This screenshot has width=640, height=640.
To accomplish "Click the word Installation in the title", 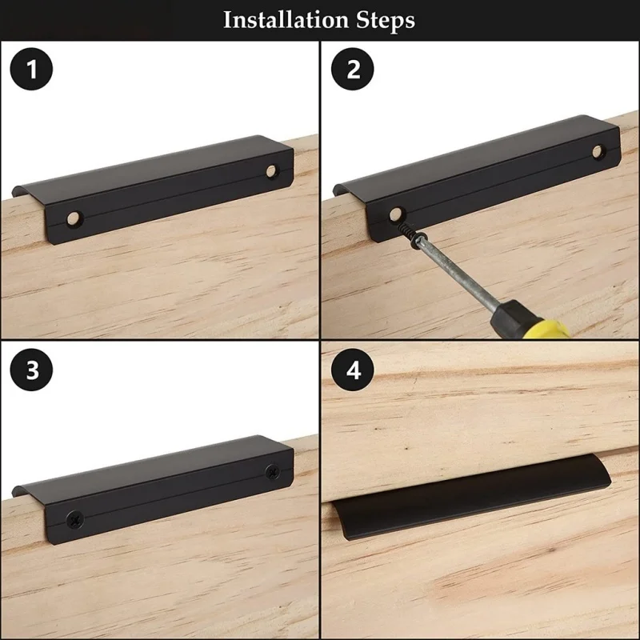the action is point(286,19).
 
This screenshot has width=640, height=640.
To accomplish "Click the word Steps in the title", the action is point(386,21).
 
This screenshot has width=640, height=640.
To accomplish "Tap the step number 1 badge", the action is point(31,69).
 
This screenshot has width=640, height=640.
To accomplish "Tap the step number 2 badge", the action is point(353,69).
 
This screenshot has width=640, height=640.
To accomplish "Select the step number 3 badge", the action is point(31,370).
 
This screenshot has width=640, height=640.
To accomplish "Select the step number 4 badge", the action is point(353,370).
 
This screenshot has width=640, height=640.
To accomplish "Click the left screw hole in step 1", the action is point(74,218).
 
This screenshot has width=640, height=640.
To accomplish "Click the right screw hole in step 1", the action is point(271,171).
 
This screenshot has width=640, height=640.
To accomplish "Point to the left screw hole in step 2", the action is point(395,214).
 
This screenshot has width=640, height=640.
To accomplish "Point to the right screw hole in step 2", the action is point(598,151).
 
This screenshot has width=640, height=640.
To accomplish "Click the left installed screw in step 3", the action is point(74,519).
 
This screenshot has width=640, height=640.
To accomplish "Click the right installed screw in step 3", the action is point(272,472).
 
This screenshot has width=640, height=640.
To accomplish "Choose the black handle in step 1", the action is point(153,189).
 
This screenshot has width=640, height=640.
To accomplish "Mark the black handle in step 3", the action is point(153,489).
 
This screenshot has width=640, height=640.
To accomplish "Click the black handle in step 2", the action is point(477,178).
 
